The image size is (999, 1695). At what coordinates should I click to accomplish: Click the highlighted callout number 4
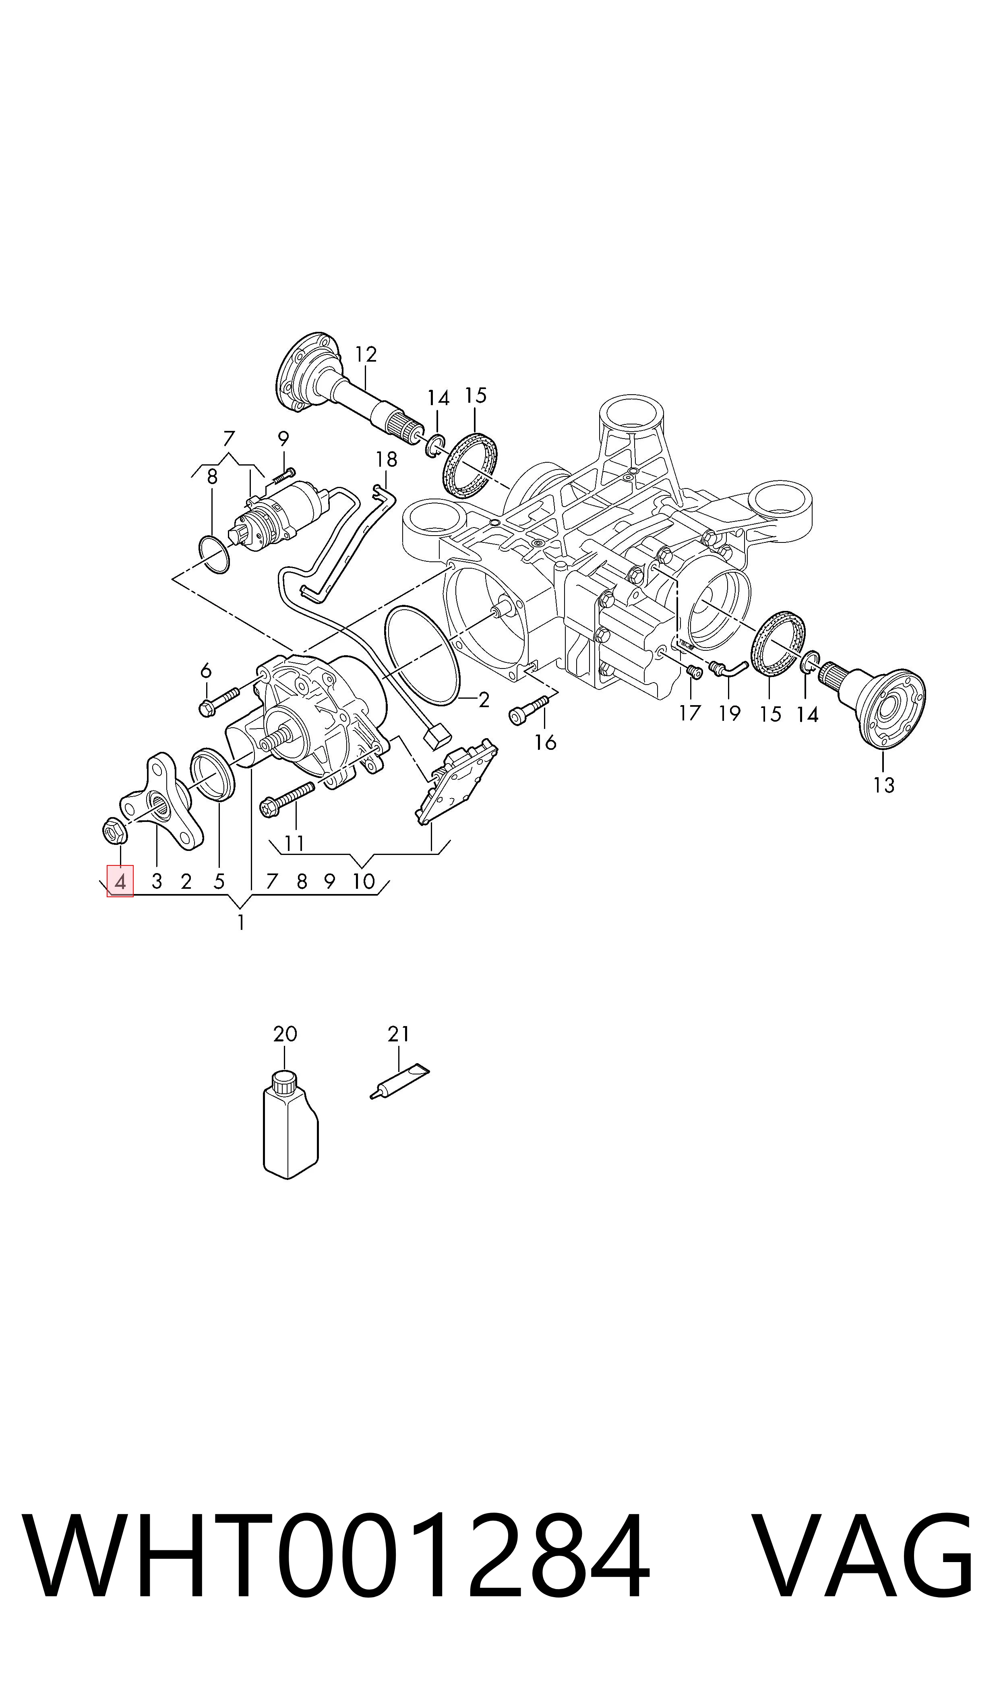(120, 881)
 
